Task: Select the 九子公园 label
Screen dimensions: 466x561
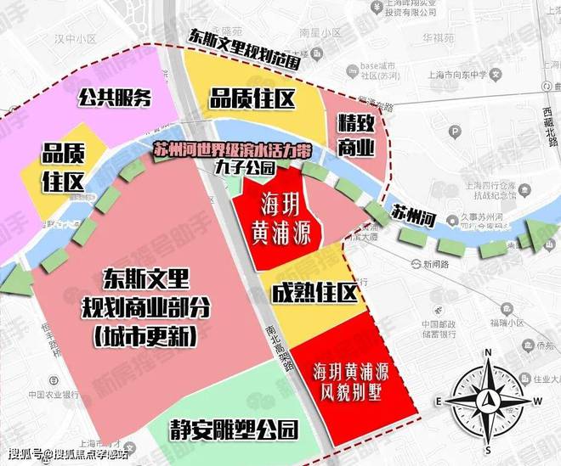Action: pos(246,168)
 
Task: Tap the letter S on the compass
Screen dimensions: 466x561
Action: pos(488,447)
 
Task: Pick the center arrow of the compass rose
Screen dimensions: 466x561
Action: pos(488,400)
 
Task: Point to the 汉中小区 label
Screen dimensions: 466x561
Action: pos(72,40)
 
